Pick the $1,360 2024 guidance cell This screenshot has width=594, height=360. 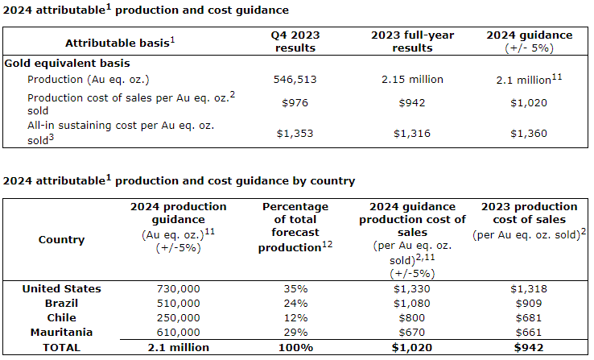[529, 132]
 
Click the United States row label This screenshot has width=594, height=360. [62, 288]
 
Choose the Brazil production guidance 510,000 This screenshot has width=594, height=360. [178, 303]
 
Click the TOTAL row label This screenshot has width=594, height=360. [62, 347]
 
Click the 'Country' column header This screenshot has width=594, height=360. [62, 239]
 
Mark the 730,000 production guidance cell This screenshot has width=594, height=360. [178, 288]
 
